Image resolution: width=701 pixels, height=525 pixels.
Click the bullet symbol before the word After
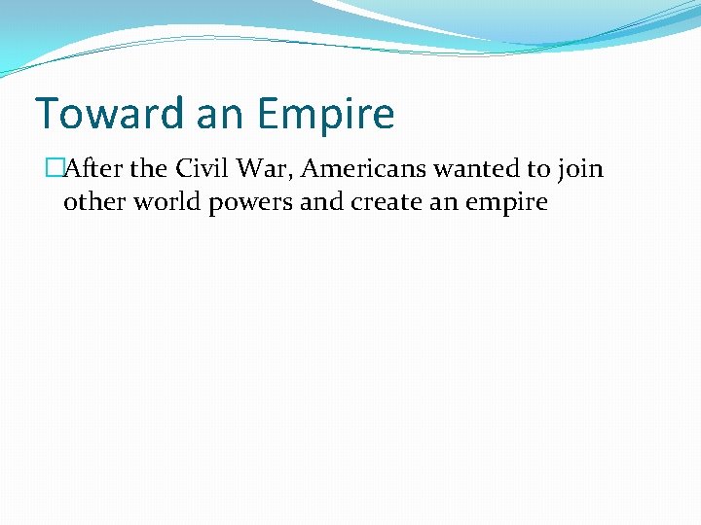[x=54, y=169]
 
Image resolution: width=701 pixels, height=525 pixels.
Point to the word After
[x=93, y=169]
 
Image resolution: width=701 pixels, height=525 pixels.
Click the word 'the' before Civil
[x=149, y=169]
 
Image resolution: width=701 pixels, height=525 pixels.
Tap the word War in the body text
[x=264, y=169]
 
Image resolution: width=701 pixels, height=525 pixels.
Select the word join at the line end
[x=580, y=169]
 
